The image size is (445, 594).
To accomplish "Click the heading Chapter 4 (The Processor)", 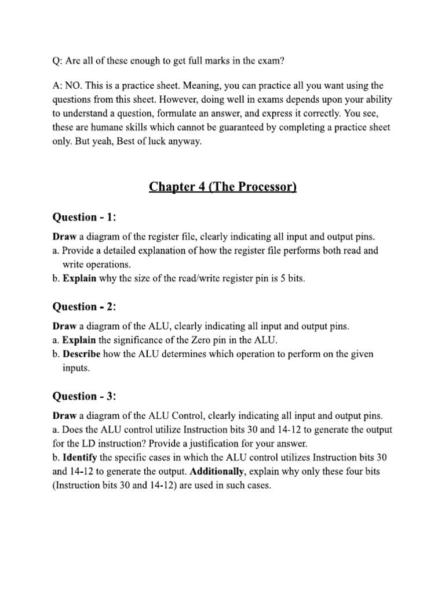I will point(222,186).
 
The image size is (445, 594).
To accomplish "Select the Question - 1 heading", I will point(85,217).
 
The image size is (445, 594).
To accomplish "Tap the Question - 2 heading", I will point(85,307).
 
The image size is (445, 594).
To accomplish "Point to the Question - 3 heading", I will point(85,396).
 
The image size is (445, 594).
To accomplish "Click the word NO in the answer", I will point(74,86).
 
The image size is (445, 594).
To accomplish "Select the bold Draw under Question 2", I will point(64,327).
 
